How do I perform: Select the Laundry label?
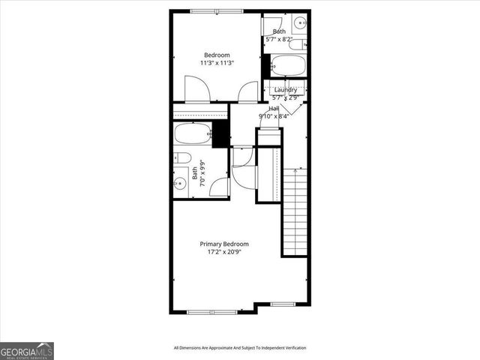(284, 90)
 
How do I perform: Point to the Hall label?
(274, 109)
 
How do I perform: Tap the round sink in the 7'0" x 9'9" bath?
(181, 184)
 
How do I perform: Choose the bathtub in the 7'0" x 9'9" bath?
(193, 135)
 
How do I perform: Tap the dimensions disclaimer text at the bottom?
(240, 348)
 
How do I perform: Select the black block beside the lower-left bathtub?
(220, 134)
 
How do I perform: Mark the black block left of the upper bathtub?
(265, 65)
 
